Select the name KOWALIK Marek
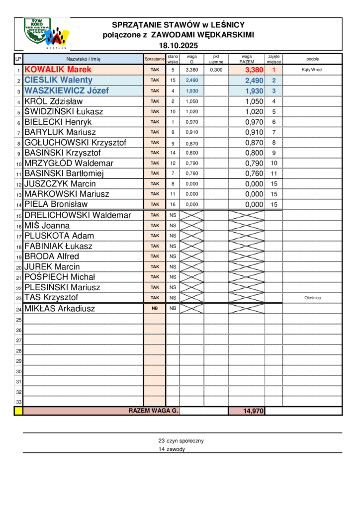58,70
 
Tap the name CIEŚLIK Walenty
58,80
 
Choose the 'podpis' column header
312,59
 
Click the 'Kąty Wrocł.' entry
312,70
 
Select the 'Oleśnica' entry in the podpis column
312,298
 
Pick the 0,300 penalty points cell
216,70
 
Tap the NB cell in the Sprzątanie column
155,308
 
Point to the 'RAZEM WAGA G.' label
154,411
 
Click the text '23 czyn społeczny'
181,440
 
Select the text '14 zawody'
172,449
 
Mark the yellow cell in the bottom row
18,411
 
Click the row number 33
19,402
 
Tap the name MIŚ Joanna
47,226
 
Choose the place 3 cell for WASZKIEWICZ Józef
273,91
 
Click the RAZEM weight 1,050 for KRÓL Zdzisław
254,101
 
